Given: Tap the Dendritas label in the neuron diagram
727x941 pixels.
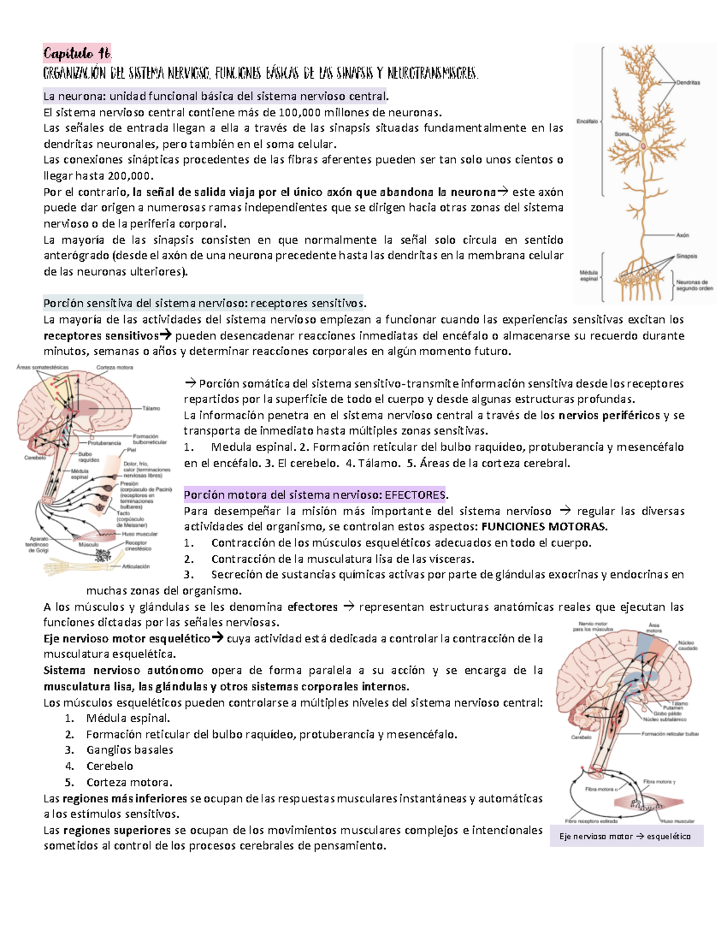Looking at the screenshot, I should point(688,82).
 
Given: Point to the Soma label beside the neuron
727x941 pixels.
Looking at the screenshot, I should point(622,134).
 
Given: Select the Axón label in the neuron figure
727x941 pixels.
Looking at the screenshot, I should point(682,235).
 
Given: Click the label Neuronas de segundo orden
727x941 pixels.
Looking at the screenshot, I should point(694,285).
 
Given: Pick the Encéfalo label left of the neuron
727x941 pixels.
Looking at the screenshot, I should point(586,121).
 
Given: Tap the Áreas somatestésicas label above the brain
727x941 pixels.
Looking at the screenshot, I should point(42,367).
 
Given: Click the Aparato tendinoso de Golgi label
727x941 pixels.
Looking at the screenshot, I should point(38,544).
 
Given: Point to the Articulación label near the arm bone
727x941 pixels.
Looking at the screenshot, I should point(136,567).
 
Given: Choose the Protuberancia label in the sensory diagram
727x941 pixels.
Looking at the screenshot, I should point(104,443).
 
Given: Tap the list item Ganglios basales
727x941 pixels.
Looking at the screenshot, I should point(130,750).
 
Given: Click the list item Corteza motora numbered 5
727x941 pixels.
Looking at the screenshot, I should point(129,782).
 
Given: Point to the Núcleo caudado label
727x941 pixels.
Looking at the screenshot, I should point(687,645).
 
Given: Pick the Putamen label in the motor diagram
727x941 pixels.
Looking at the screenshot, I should point(672,708).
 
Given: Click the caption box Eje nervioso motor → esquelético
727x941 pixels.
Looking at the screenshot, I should point(626,836).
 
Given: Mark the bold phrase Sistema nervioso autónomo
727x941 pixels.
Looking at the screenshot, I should point(124,671).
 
